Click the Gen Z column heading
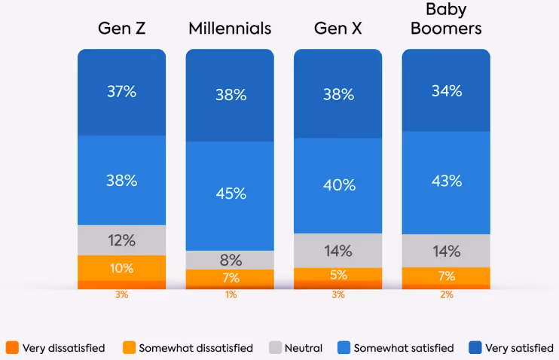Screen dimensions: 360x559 [x=121, y=29]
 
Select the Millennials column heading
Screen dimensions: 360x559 [x=229, y=29]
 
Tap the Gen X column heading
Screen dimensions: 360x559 [x=338, y=29]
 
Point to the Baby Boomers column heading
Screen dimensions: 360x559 [x=446, y=20]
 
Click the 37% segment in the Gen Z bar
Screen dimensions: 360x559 [x=121, y=92]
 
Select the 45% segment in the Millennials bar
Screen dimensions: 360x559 [x=230, y=194]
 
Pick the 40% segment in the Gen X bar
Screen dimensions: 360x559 [x=338, y=185]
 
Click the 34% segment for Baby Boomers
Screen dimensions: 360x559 [x=446, y=91]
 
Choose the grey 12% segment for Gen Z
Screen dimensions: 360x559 [x=121, y=240]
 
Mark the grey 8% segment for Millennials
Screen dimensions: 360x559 [x=230, y=260]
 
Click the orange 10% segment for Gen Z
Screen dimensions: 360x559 [x=121, y=268]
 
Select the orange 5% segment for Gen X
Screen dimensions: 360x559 [x=338, y=274]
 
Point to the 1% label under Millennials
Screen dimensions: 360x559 [x=230, y=295]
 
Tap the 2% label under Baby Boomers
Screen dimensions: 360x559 [x=446, y=295]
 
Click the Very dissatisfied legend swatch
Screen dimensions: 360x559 [x=11, y=348]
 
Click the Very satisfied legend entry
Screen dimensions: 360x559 [x=511, y=348]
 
